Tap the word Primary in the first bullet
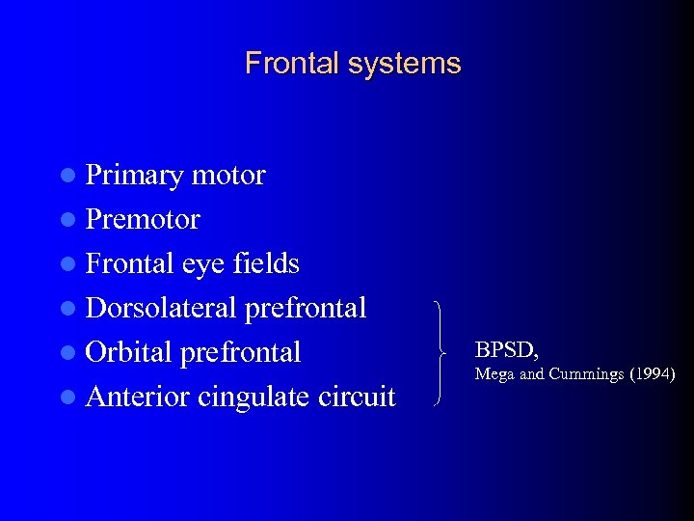click(135, 177)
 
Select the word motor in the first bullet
click(228, 176)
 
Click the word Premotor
click(143, 220)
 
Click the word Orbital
click(130, 352)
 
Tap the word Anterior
click(138, 397)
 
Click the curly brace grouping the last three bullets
click(440, 351)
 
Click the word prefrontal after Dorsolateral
click(306, 308)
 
